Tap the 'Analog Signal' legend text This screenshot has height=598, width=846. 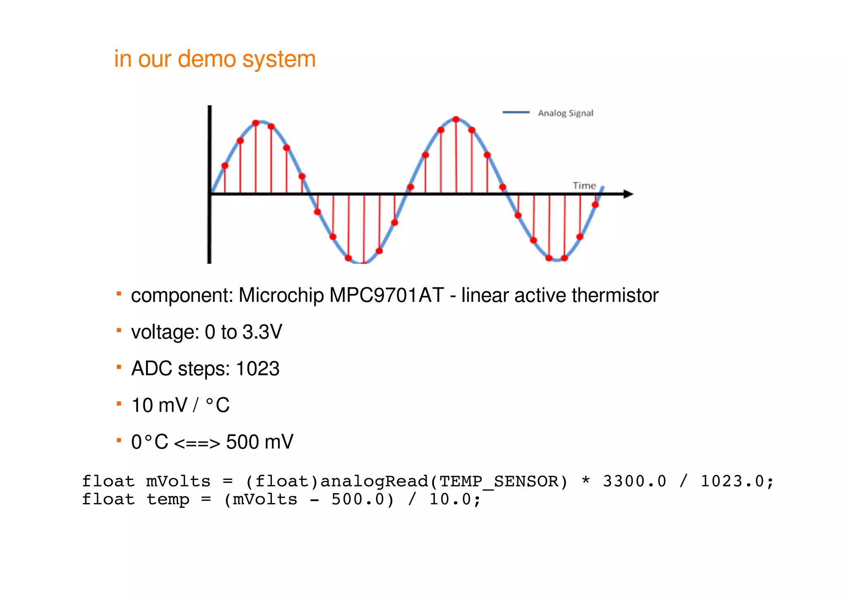click(565, 113)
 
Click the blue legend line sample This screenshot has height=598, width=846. click(516, 112)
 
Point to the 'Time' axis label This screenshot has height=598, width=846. click(584, 186)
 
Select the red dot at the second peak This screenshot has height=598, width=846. click(456, 119)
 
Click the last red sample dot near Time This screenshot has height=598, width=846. click(595, 205)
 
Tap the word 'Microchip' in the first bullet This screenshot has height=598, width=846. click(281, 296)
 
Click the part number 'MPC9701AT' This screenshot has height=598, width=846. click(386, 296)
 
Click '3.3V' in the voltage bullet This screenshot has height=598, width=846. click(262, 332)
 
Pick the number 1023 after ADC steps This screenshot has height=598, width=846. click(257, 369)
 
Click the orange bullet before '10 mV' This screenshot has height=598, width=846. click(119, 403)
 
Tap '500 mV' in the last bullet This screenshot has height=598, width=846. click(259, 442)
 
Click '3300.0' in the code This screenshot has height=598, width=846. click(634, 482)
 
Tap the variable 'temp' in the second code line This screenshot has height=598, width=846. click(168, 500)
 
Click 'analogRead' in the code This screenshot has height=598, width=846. click(374, 482)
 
